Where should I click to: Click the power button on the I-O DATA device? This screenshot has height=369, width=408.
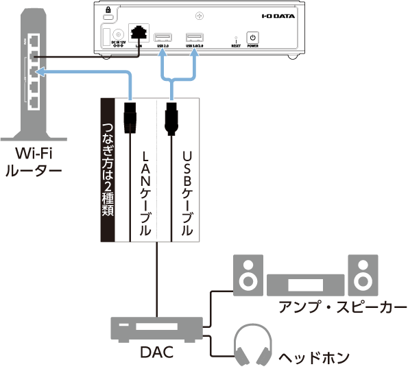(x=252, y=38)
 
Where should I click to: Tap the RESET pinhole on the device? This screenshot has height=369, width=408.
(x=236, y=40)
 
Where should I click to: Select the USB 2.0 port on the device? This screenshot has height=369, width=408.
(x=163, y=36)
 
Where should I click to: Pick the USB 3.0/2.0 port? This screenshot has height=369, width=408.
(x=195, y=36)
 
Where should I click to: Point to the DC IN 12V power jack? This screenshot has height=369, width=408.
(x=117, y=34)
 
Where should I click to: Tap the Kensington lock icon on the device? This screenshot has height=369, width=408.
(x=108, y=9)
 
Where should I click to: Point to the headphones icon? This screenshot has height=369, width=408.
(x=252, y=344)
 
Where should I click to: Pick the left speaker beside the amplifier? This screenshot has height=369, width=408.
(x=247, y=273)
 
